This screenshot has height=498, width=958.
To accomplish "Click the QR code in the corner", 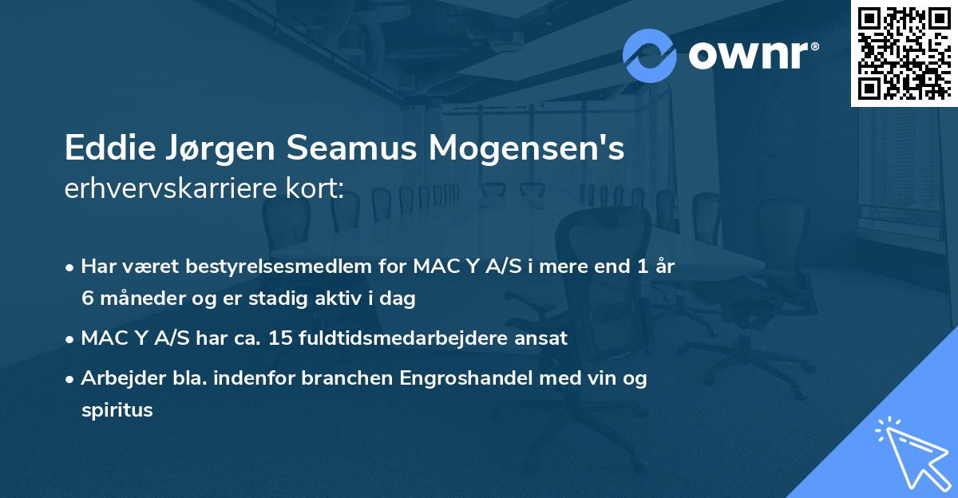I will coord(904,53).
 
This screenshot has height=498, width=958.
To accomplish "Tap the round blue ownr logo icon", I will coord(650,55).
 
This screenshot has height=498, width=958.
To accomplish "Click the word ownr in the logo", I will coord(753,56).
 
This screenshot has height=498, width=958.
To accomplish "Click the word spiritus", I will coord(117,410).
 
